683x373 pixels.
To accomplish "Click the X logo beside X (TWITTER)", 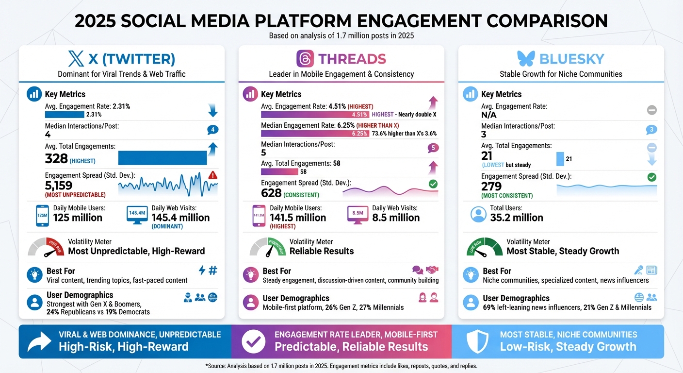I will point(76,59).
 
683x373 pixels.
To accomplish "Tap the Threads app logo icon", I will point(305,59).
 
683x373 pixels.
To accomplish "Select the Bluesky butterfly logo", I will point(526,59).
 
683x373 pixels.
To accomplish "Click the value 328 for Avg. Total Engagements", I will point(56,158).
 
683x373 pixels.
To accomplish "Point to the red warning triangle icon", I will point(212,175).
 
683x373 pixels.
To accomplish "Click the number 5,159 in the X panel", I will point(59,186).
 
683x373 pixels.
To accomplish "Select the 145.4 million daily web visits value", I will point(180,218).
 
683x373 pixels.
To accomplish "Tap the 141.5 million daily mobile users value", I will point(297,218).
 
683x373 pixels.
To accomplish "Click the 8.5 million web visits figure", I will point(396,218).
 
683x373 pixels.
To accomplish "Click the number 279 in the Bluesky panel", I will point(491,186).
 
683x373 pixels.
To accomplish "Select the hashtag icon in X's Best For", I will point(212,271).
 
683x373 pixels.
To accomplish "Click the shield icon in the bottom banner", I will point(477,341).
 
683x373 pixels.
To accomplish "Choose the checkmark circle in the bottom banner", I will point(254,341).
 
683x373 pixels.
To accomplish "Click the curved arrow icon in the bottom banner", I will point(39,341).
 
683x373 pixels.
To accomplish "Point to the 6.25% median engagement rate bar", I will point(314,134).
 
